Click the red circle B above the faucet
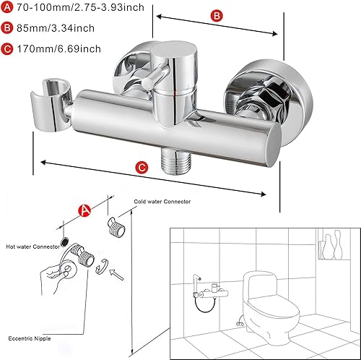tap(214, 16)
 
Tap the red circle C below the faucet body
tap(142, 168)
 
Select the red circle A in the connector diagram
tap(84, 210)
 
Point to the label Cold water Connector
tap(162, 202)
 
